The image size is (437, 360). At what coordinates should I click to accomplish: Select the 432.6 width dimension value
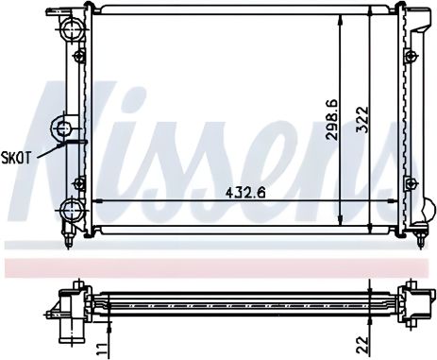(244, 195)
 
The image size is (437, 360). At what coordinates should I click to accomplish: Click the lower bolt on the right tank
(411, 180)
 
